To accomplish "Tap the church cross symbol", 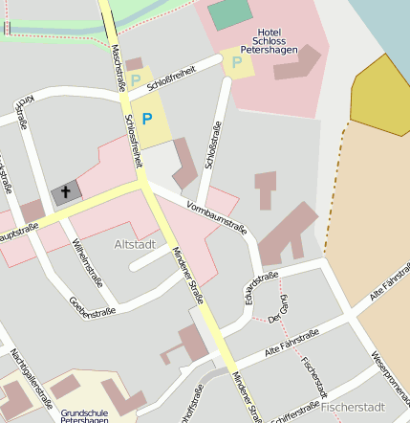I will pos(66,192).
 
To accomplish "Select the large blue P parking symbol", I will pos(146,119).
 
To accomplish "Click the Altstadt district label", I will pos(135,245).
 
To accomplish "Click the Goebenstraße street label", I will pos(93,306).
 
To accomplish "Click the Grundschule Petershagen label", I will pos(84,416).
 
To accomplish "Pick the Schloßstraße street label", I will pos(215,145).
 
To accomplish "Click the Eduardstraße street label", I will pos(261,289).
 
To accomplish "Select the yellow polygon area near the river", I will pos(380,97).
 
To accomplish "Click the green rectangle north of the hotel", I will pos(227,14).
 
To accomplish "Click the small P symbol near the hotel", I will pos(237,63).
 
